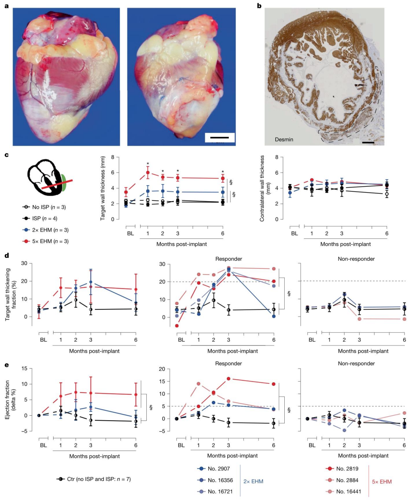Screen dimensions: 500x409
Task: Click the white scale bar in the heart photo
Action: click(x=220, y=137)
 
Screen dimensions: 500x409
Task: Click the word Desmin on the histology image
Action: click(x=284, y=139)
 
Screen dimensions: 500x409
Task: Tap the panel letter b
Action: click(x=259, y=6)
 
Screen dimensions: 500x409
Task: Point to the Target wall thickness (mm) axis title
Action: click(x=103, y=189)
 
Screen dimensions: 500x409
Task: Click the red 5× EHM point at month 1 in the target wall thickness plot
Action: click(x=148, y=172)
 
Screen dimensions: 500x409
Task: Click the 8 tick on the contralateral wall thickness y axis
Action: click(x=277, y=157)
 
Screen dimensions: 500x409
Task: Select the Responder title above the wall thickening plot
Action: click(x=228, y=259)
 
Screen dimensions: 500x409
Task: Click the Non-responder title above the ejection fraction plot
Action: click(x=356, y=363)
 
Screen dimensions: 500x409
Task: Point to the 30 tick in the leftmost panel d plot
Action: click(x=24, y=263)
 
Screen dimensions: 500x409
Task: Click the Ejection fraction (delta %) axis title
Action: click(x=10, y=400)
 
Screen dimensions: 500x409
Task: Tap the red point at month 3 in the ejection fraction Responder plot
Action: click(x=228, y=379)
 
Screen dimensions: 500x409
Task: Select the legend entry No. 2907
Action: click(x=218, y=468)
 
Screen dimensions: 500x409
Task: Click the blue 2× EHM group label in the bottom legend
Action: click(x=253, y=481)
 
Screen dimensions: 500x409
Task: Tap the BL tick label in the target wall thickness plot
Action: click(x=130, y=233)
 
